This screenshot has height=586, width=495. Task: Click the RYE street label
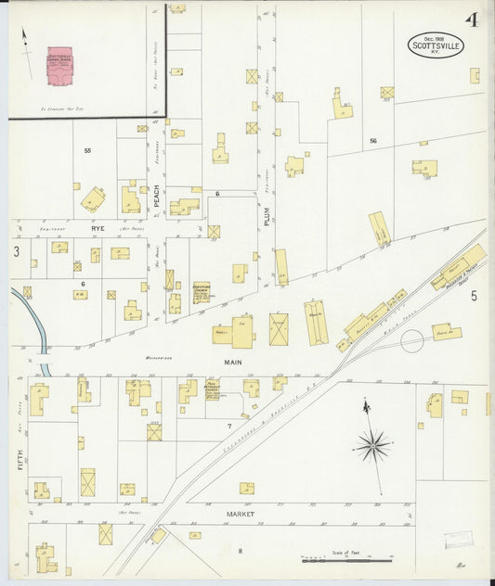[x=98, y=227]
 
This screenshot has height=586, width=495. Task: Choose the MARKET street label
[x=240, y=513]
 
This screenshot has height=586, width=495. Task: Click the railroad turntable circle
[x=411, y=341]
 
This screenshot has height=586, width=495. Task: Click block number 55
[x=88, y=150]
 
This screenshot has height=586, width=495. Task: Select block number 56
[x=373, y=140]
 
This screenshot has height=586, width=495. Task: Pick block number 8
[x=240, y=551]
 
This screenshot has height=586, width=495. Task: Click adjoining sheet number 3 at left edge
[x=16, y=251]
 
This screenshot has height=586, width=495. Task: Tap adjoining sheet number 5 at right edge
[x=473, y=296]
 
